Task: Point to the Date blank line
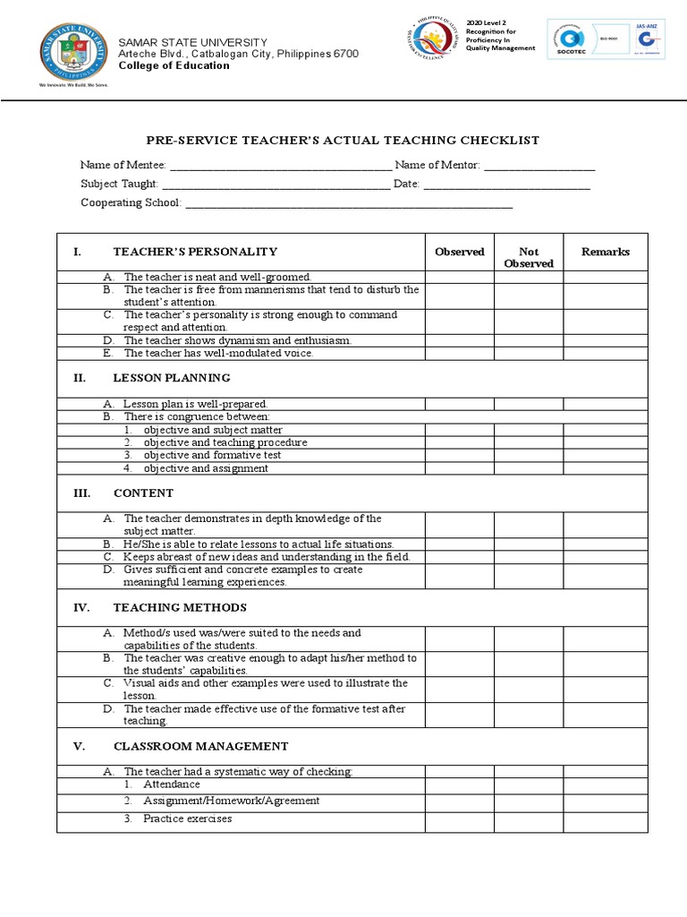(x=506, y=185)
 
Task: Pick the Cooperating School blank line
(x=348, y=204)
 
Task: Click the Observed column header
(x=459, y=253)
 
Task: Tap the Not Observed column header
(x=529, y=258)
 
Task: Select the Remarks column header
(x=606, y=253)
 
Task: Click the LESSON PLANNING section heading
(x=172, y=378)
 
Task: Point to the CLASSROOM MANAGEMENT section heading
(x=200, y=746)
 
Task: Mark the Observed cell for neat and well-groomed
(x=459, y=278)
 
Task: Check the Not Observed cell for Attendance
(x=529, y=784)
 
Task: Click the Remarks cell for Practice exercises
(x=606, y=820)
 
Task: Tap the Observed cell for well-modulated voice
(x=459, y=353)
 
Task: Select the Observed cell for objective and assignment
(x=459, y=467)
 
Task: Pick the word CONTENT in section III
(x=143, y=493)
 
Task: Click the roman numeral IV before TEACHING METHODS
(x=81, y=608)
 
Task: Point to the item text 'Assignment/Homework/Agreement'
(x=231, y=801)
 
